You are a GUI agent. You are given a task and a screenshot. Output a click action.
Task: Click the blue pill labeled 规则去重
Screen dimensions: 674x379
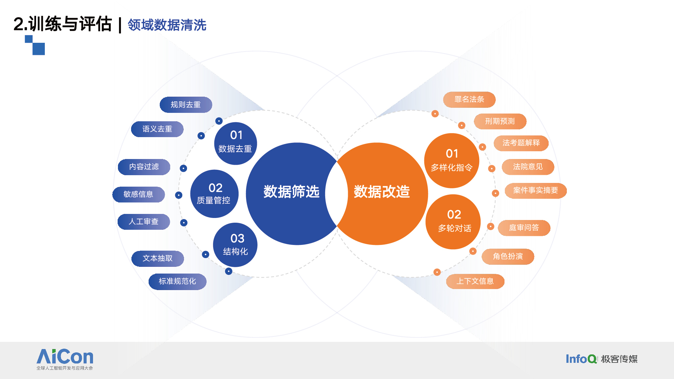click(186, 105)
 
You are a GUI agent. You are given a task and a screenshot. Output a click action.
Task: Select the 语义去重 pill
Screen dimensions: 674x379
click(157, 129)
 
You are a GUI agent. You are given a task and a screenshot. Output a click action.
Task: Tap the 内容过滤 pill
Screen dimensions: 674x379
click(144, 167)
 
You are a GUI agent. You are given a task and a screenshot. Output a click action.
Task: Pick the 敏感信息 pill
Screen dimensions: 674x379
click(139, 194)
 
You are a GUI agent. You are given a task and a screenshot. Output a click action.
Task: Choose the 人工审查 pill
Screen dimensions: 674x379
click(144, 222)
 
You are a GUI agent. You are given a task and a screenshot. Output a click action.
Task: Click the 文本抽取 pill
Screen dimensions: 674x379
click(158, 258)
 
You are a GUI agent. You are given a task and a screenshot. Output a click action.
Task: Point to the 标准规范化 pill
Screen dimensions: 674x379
click(177, 281)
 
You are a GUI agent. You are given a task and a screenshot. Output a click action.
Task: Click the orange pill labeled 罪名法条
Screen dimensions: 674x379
click(469, 99)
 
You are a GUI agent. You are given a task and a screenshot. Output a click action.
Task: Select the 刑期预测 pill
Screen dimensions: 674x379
click(500, 121)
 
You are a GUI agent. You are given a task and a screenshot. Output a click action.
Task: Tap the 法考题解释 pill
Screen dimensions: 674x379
click(521, 143)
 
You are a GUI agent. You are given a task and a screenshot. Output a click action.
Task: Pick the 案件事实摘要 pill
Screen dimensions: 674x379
click(535, 191)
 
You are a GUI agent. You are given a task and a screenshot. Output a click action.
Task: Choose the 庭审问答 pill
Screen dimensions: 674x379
click(524, 228)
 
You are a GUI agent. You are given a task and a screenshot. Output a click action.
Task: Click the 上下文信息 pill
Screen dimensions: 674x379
click(475, 281)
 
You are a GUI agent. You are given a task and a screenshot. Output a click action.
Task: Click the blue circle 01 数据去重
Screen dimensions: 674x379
click(236, 144)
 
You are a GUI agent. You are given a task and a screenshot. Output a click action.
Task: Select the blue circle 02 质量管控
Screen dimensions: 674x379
click(214, 194)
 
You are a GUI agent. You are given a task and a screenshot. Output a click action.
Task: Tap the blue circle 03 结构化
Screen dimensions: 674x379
click(235, 245)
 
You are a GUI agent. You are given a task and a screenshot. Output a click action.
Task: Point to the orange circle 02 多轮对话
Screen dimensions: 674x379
click(453, 222)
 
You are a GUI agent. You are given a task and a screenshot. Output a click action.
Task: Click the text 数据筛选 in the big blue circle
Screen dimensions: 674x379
click(292, 192)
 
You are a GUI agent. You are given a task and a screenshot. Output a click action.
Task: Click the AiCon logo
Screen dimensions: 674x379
click(65, 359)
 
